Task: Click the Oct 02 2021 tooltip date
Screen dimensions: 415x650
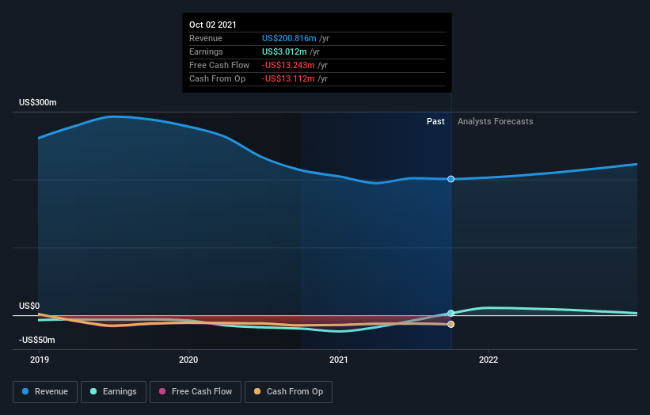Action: point(212,25)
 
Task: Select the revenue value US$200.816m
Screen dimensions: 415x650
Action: point(289,38)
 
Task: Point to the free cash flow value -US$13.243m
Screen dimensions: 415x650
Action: point(288,65)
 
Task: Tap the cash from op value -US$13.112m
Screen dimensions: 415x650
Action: point(288,78)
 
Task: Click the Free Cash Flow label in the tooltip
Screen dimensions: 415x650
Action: point(219,65)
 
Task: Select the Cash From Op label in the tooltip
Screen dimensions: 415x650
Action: point(217,78)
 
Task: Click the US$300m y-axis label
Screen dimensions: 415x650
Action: point(38,103)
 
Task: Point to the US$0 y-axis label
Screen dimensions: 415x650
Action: point(29,306)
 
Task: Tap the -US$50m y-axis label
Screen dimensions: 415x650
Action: point(37,340)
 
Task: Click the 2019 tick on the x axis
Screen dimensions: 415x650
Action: point(39,360)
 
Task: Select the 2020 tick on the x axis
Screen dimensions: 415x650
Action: point(188,360)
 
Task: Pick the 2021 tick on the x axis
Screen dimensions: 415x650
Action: point(338,360)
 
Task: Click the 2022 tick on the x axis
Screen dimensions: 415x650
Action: point(488,360)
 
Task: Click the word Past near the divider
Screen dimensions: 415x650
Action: point(435,121)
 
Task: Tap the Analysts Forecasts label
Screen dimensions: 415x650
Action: point(495,121)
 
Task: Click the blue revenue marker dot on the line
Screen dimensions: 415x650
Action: point(450,179)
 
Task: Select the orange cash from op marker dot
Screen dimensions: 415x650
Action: point(450,324)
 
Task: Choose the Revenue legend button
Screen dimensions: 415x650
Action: point(46,391)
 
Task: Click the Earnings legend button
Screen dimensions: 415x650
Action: point(114,391)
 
